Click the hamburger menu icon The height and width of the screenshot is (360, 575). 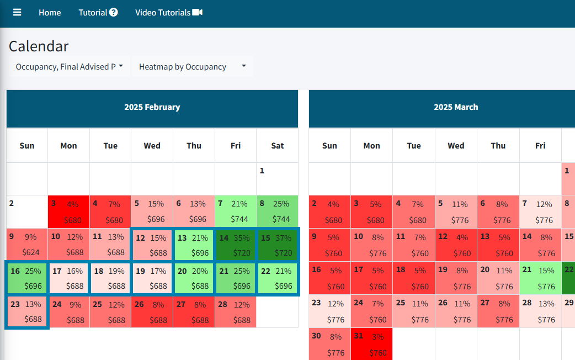(17, 12)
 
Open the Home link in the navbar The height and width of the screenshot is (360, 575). (50, 12)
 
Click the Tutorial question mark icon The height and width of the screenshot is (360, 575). (114, 12)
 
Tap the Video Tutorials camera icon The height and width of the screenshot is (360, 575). (198, 12)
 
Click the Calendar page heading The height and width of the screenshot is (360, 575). (39, 46)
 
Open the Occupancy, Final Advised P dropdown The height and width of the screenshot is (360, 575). (69, 67)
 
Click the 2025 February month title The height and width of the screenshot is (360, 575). (152, 107)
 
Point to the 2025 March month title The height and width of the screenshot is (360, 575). (456, 107)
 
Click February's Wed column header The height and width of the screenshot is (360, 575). (152, 146)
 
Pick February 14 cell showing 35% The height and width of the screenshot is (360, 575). (236, 245)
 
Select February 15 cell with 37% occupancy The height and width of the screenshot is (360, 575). (278, 245)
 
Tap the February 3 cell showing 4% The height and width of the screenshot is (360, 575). (68, 211)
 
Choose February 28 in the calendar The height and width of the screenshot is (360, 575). (236, 311)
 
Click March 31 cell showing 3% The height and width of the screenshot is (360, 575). (371, 344)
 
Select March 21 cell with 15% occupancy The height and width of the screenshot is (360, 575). (540, 278)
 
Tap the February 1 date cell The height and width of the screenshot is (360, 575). (277, 178)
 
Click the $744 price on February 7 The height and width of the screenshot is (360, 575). (239, 219)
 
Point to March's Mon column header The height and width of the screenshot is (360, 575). (371, 146)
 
